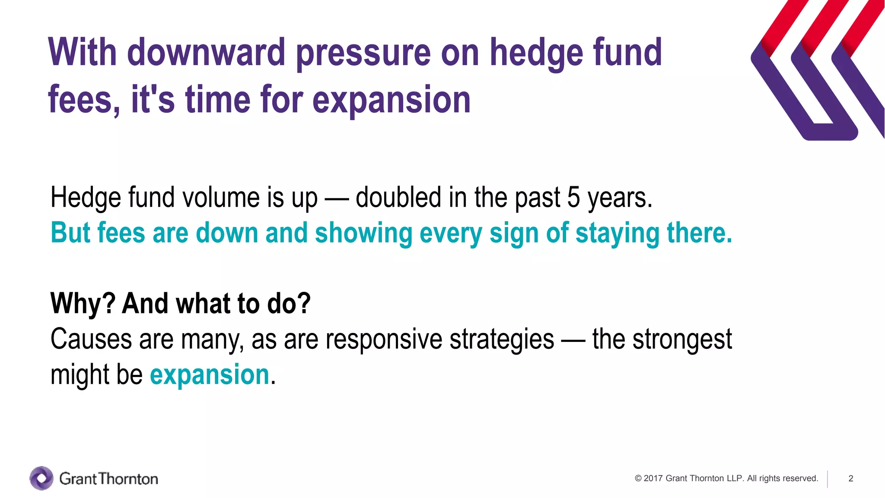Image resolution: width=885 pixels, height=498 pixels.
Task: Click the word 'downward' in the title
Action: click(206, 52)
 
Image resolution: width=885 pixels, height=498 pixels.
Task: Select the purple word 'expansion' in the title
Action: click(391, 101)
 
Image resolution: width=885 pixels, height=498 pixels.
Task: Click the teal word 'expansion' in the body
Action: click(210, 375)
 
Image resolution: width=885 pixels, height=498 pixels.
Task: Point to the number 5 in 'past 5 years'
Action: click(573, 198)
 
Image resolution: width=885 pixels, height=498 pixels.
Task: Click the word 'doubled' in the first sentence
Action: click(398, 198)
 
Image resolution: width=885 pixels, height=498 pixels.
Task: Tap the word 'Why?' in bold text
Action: click(83, 303)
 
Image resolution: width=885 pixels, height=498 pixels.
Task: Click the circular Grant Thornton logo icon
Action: click(41, 478)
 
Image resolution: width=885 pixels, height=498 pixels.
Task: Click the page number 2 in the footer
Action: click(850, 479)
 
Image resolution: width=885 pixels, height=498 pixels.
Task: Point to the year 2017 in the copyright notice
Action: click(653, 479)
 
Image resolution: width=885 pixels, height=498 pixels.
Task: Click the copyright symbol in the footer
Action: click(638, 479)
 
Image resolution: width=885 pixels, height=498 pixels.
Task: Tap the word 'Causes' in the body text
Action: click(91, 339)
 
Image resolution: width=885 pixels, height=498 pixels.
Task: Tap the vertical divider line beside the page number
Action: click(828, 479)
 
